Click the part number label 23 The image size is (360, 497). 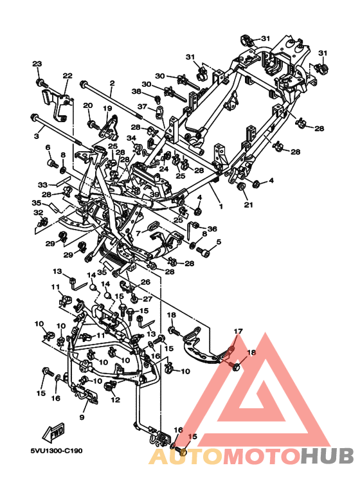click(x=37, y=64)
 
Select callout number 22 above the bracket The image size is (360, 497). click(x=67, y=76)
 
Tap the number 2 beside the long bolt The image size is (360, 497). click(x=112, y=84)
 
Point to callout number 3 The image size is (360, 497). click(x=37, y=136)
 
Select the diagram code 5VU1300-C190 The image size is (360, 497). click(x=57, y=451)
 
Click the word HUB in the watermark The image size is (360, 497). click(x=327, y=455)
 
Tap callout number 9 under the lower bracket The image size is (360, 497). click(x=82, y=417)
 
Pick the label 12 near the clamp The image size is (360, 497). click(x=115, y=400)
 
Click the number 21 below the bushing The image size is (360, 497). click(x=248, y=204)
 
